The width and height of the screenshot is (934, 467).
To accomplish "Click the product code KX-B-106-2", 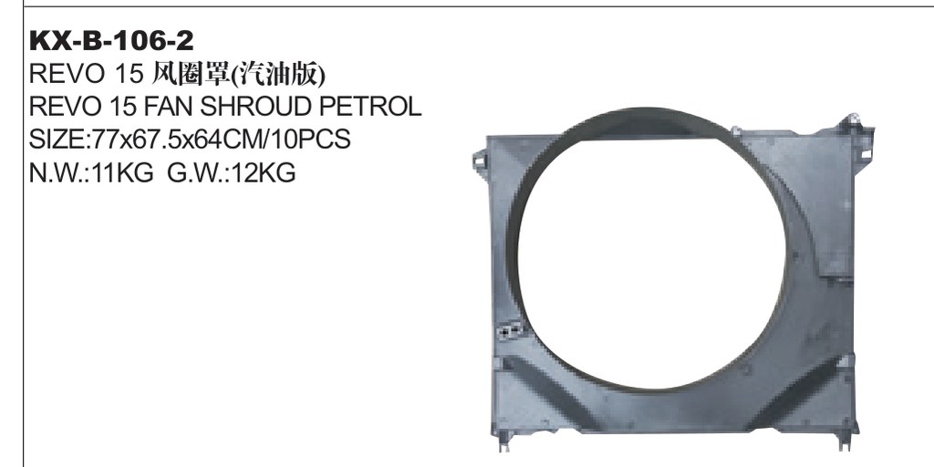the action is pos(111,41).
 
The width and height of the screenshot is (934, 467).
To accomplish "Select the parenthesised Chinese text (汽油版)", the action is pos(277,75).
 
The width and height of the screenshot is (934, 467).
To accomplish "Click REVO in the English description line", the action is pos(59,107).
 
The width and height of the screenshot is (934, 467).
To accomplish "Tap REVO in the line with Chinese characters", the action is pos(59,75).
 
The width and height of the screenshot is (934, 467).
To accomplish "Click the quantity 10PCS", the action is pos(313,140).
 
